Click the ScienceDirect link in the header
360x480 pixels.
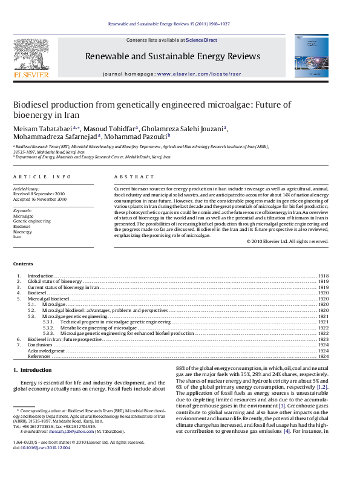(201, 40)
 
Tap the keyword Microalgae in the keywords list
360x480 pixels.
(24, 216)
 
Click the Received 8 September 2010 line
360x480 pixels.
(40, 194)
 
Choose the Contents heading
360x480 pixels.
(23, 264)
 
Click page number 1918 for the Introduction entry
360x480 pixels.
(323, 276)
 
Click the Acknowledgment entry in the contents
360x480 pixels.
(46, 351)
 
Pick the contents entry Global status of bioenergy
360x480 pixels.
(54, 282)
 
